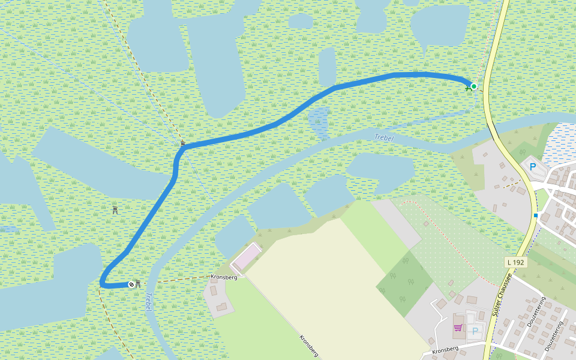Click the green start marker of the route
pos(473,86)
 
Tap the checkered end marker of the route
pos(131,284)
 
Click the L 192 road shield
pos(515,262)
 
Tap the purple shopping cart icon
pos(458,328)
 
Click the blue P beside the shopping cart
pos(475,331)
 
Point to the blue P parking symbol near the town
pos(532,166)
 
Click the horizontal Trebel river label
pos(383,138)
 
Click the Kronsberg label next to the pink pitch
pos(224,277)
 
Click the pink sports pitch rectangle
pos(246,257)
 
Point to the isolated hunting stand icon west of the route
pos(115,210)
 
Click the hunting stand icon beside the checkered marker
pos(139,284)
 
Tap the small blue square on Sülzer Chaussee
pos(535,215)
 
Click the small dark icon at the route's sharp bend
pos(183,143)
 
